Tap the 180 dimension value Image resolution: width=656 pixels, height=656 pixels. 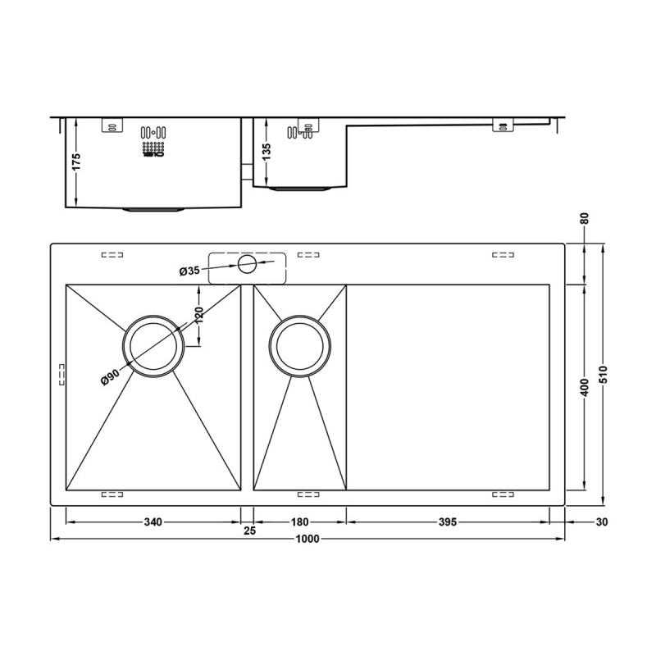(299, 522)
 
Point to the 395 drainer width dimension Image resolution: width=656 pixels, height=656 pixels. (447, 522)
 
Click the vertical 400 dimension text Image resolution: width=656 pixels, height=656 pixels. (585, 387)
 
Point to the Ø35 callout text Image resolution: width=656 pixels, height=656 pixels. (189, 271)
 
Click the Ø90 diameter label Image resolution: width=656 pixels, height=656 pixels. (110, 380)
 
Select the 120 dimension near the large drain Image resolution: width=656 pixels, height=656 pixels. (198, 315)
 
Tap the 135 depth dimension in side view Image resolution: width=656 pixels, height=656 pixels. (266, 152)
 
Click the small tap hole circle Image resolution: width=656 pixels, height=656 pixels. (246, 263)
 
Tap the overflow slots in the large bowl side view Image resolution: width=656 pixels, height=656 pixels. (153, 132)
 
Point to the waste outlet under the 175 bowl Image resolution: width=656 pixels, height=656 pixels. (153, 210)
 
